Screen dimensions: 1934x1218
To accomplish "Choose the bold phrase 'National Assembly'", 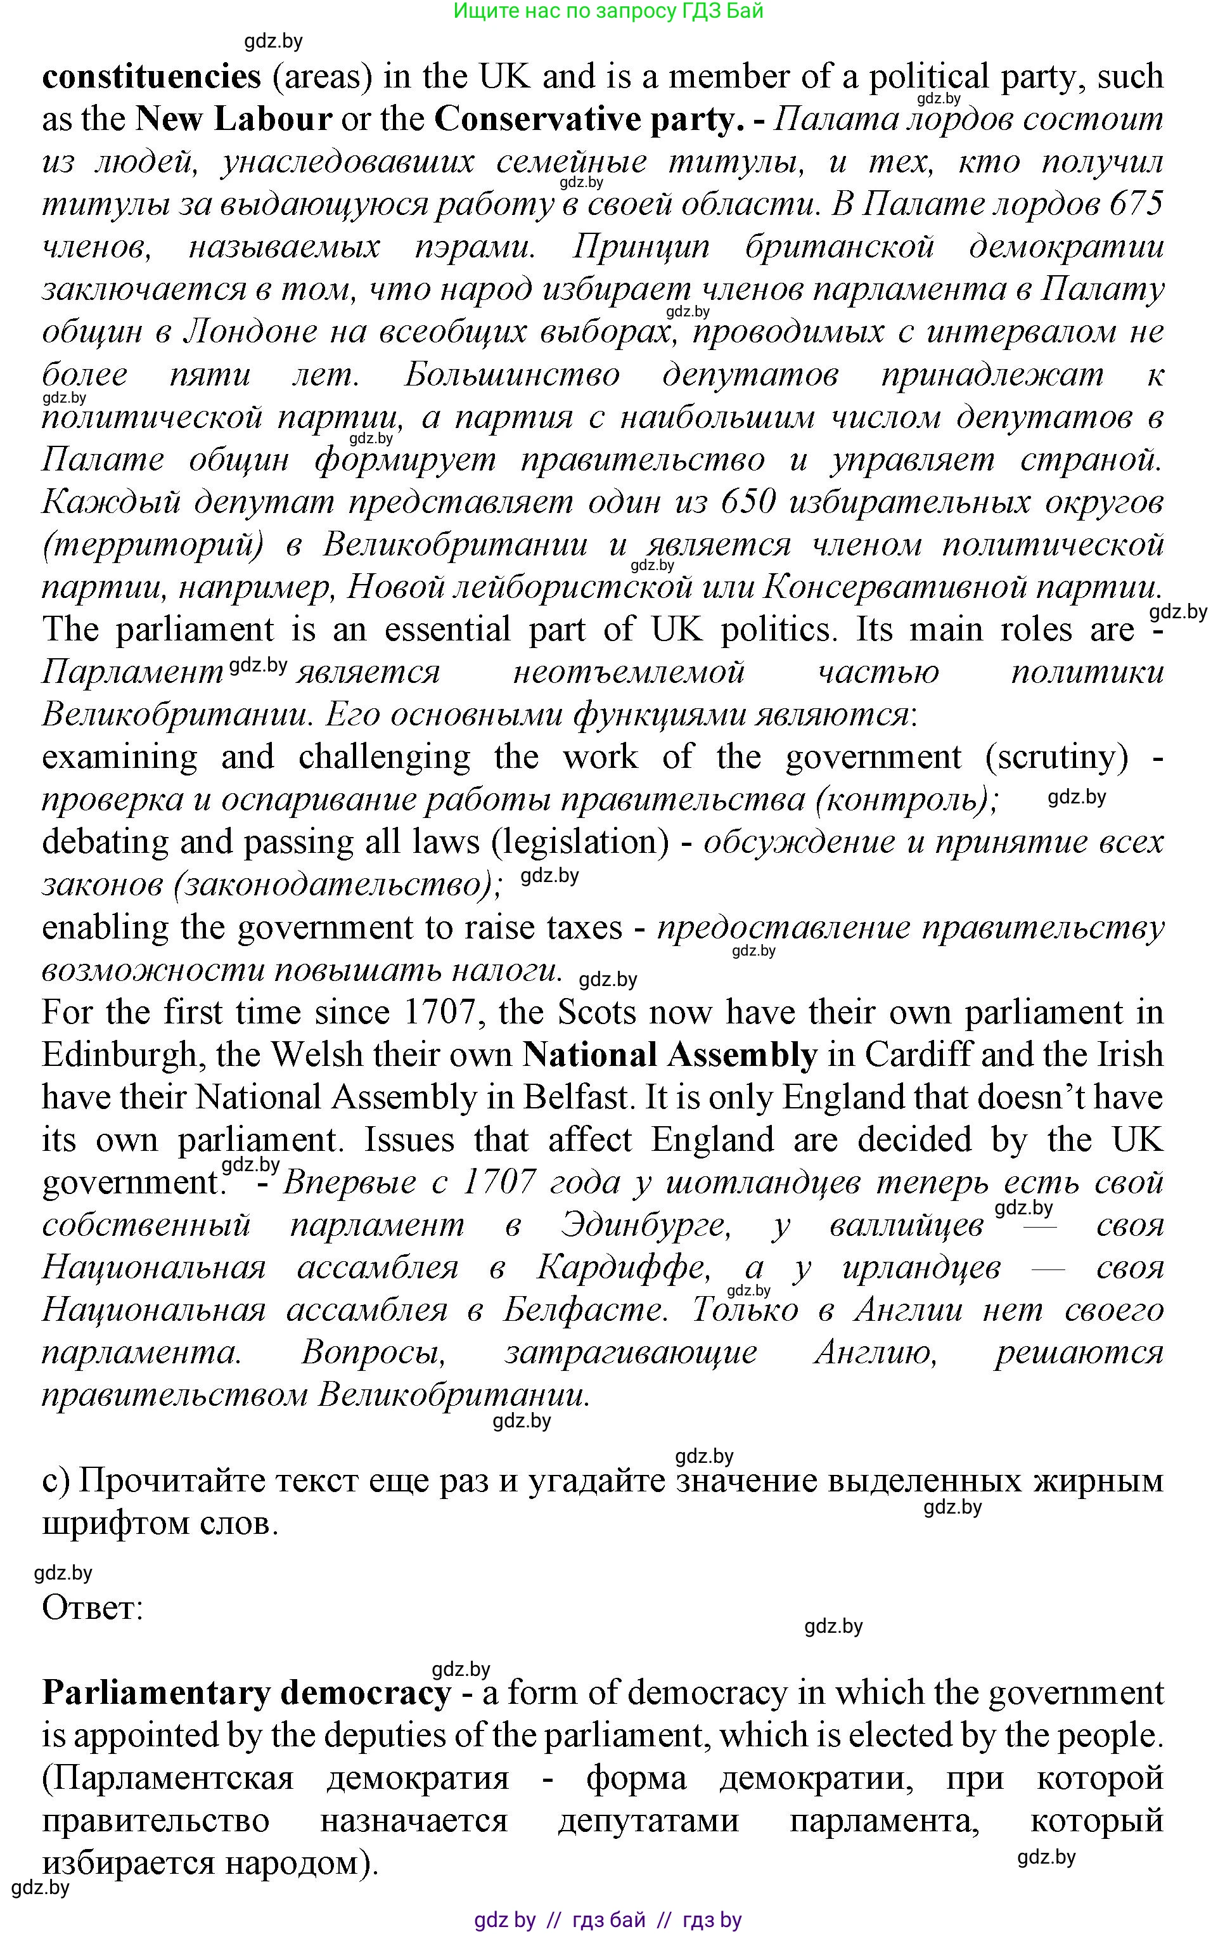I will (x=670, y=1055).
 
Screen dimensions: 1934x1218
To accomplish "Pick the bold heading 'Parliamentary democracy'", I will (x=247, y=1693).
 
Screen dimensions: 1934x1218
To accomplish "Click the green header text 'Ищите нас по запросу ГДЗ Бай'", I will (x=608, y=11).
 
